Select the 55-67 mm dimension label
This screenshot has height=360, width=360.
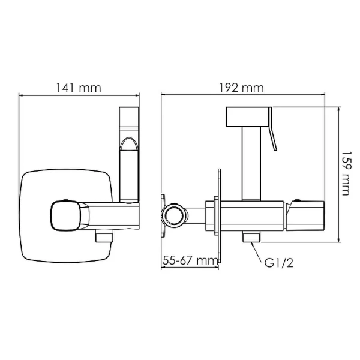tap(189, 260)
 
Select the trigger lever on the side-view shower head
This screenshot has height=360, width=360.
tap(274, 132)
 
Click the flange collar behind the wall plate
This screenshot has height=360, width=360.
tap(211, 215)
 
